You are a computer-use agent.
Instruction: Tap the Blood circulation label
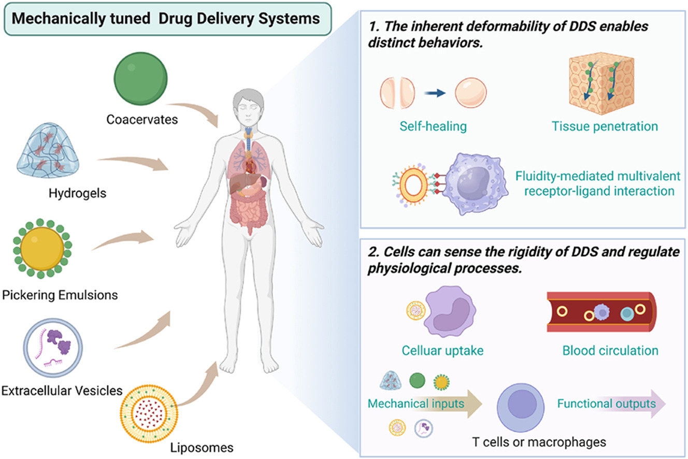pyautogui.click(x=610, y=350)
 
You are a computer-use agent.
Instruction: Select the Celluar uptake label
pyautogui.click(x=442, y=350)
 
